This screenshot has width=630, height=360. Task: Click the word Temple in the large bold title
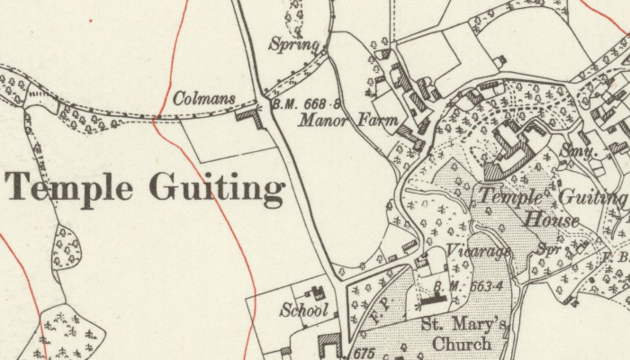[x=68, y=188]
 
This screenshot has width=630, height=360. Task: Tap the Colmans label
[x=203, y=98]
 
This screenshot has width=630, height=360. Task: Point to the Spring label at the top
[x=294, y=44]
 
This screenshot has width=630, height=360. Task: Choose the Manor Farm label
[x=336, y=119]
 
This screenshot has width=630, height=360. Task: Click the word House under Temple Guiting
[x=552, y=219]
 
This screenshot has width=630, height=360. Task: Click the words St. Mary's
[x=462, y=325]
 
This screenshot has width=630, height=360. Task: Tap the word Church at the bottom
[x=462, y=344]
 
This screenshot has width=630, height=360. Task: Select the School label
[x=302, y=311]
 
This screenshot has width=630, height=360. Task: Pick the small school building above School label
[x=317, y=292]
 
